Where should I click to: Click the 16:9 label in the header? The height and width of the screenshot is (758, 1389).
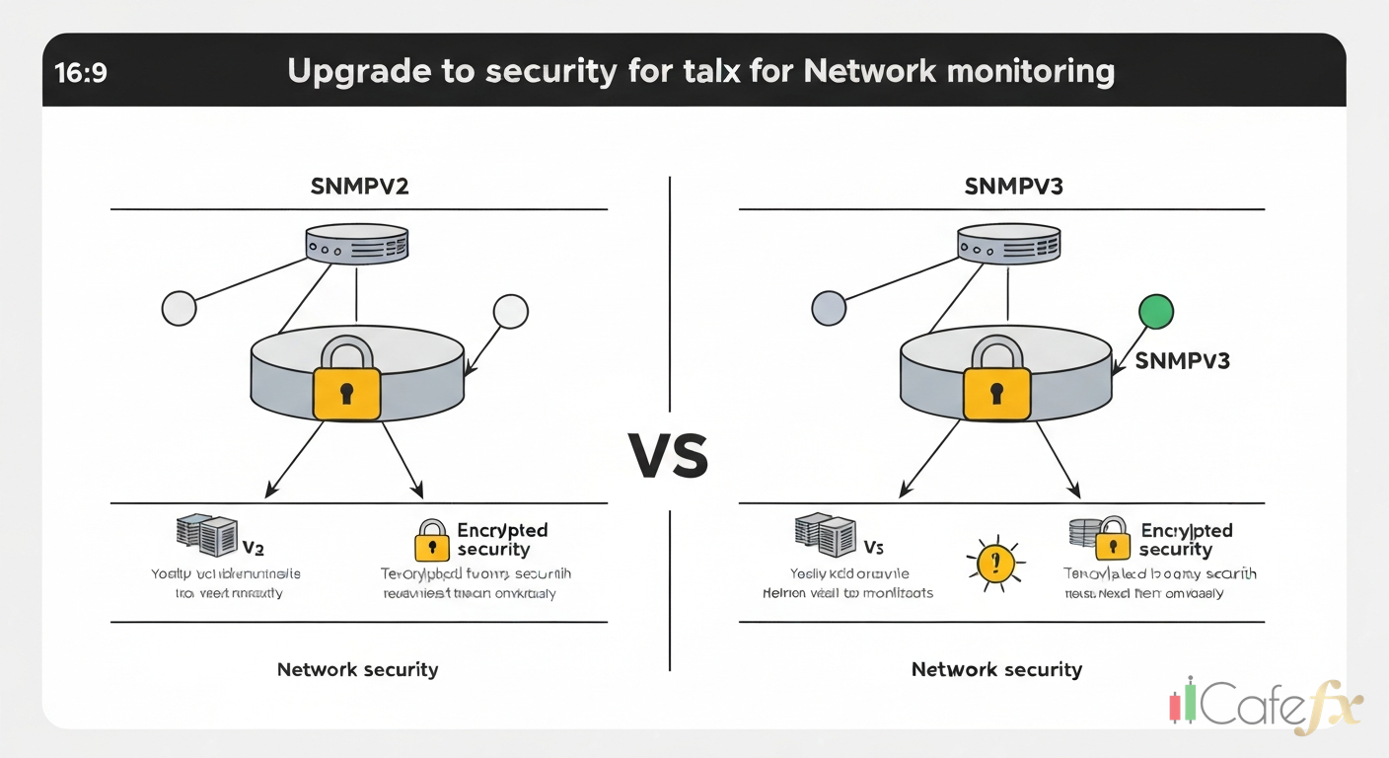(82, 73)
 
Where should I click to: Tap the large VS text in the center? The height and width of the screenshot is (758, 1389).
(669, 456)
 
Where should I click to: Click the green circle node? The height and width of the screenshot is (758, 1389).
(1156, 312)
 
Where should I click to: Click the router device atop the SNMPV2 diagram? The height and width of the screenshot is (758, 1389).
(357, 243)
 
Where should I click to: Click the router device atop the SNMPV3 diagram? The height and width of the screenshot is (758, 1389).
(1008, 243)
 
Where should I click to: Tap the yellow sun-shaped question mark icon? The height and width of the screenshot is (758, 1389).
(995, 564)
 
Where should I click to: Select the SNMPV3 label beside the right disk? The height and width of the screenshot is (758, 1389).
(1182, 361)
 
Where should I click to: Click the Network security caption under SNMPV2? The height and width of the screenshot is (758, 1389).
(357, 669)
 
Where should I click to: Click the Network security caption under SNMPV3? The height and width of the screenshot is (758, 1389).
(996, 669)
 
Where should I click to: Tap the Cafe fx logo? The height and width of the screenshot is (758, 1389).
(1268, 705)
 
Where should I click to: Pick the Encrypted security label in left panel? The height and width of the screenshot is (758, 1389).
(501, 540)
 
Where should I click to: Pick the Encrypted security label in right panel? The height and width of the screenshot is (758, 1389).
(1184, 540)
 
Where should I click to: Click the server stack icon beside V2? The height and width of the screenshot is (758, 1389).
(205, 534)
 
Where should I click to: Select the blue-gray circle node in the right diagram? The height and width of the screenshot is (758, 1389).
(829, 308)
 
